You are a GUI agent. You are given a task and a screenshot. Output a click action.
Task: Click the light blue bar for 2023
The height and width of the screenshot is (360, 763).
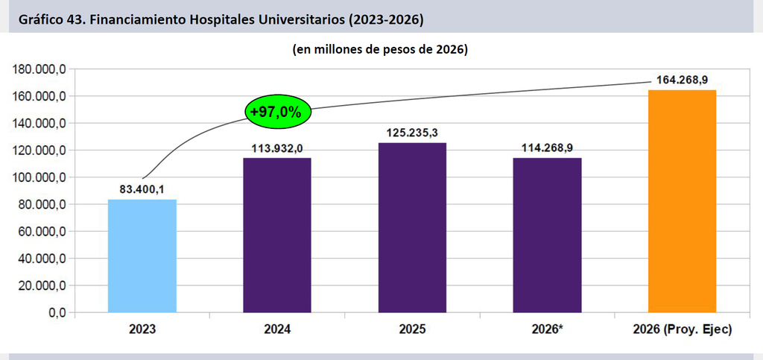142,256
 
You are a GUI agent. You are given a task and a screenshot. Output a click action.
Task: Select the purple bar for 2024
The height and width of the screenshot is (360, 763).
277,235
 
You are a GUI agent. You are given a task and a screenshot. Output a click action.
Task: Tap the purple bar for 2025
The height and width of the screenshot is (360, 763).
412,227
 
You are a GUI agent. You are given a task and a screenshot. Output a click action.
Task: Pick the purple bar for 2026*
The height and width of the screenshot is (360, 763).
547,235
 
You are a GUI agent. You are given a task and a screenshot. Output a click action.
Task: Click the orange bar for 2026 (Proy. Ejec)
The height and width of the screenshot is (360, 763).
683,201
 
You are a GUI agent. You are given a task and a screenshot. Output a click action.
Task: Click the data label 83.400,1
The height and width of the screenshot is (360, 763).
142,190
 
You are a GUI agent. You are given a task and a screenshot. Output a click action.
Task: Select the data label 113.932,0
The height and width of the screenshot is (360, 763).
277,148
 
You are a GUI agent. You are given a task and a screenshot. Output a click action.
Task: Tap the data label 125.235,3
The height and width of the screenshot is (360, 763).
413,133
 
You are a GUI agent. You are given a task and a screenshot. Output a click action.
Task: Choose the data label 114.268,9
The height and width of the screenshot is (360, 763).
547,148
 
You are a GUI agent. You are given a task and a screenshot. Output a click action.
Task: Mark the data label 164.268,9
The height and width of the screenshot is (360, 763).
682,80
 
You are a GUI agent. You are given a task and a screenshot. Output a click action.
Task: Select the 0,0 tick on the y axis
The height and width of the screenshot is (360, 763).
56,313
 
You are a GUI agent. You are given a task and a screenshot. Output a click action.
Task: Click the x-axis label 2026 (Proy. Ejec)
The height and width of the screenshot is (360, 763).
683,329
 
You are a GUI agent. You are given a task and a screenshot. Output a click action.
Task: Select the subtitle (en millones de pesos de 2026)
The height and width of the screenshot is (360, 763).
380,50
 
